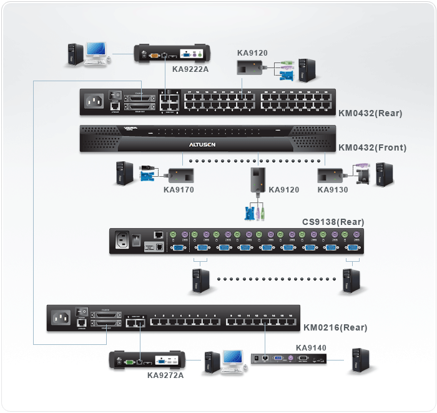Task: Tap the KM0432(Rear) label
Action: [370, 114]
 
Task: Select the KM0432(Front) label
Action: [372, 148]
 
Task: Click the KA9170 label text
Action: [179, 189]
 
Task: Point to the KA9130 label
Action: [333, 189]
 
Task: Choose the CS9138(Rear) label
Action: [333, 222]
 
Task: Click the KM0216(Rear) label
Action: [335, 327]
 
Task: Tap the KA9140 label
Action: [311, 347]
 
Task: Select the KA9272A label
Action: [165, 376]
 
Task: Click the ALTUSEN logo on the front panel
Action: [203, 144]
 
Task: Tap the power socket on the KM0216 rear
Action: [63, 318]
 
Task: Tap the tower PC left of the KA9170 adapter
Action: [124, 173]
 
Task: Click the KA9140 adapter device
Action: [288, 359]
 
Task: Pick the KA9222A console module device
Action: [173, 54]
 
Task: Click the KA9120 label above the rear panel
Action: [252, 53]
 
